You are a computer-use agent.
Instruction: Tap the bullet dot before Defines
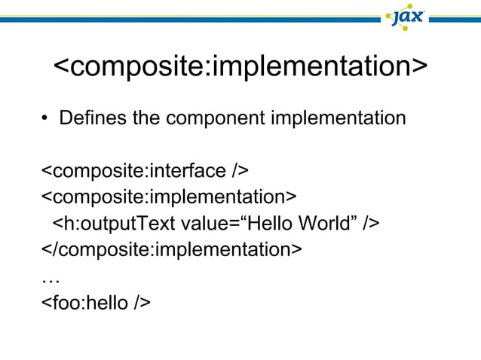tap(44, 120)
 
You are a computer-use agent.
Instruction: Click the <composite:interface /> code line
tap(144, 171)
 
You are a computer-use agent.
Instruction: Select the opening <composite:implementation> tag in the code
tap(168, 197)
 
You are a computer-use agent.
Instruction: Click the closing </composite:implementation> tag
tap(171, 249)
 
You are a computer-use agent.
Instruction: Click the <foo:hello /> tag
tap(96, 302)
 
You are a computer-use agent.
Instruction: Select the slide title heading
tap(240, 66)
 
